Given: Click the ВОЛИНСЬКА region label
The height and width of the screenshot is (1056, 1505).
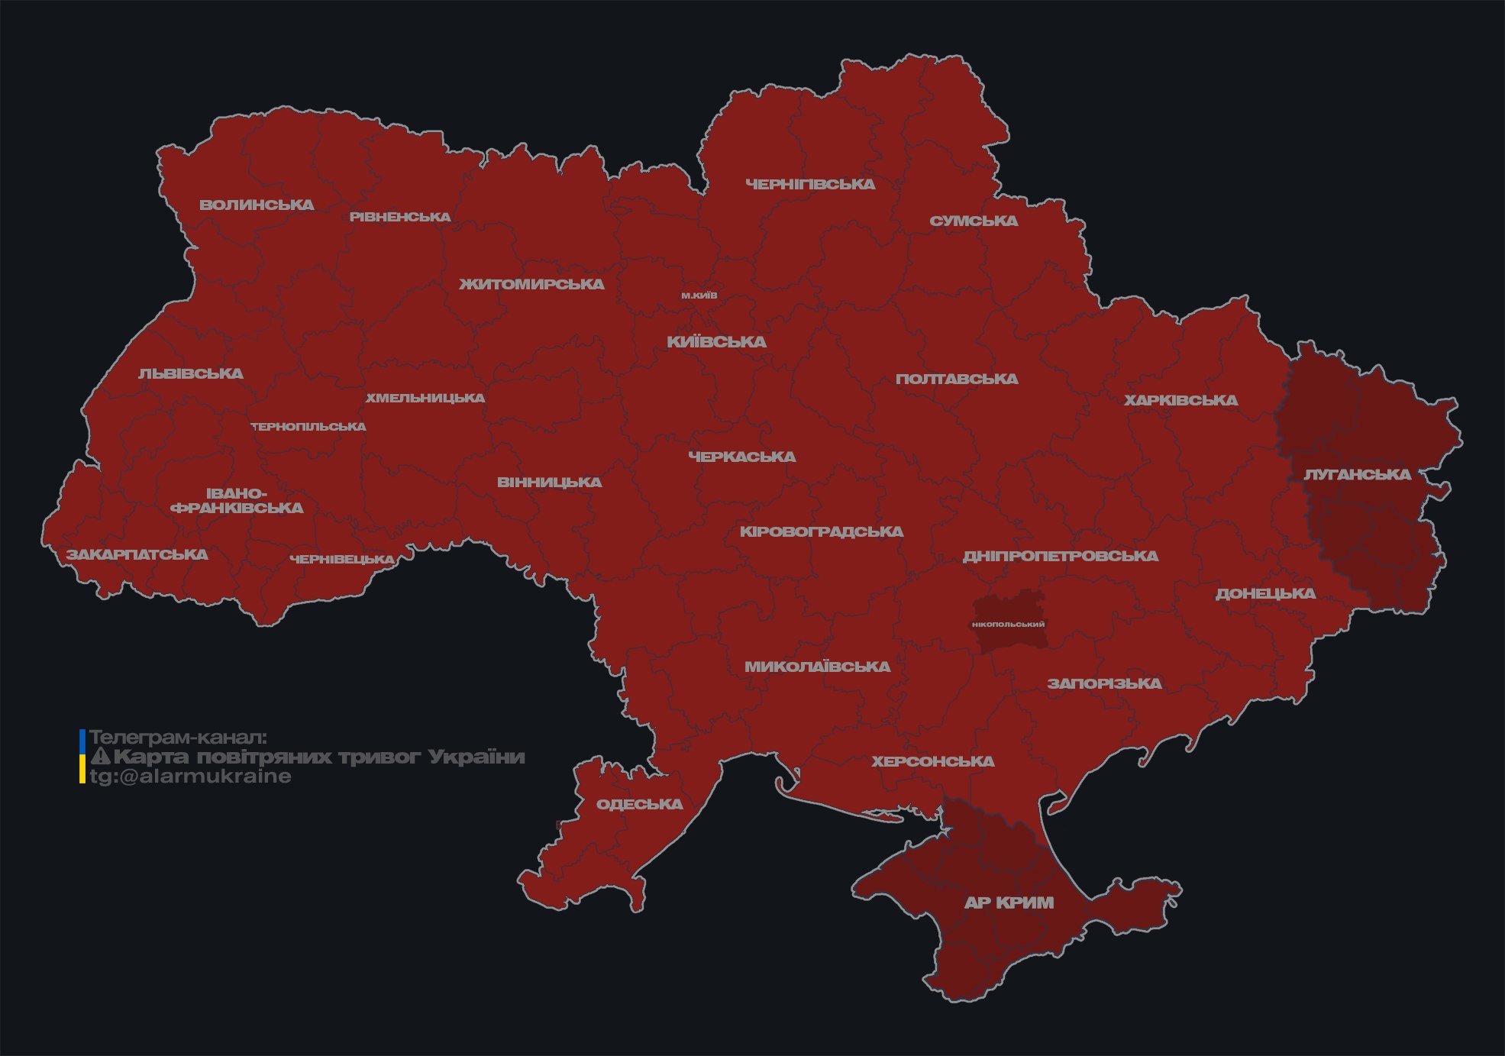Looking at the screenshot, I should point(257,205).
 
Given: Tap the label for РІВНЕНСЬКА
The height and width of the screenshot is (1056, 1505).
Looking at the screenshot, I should point(400,217).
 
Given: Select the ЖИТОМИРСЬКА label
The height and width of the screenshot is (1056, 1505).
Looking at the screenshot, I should point(531,284).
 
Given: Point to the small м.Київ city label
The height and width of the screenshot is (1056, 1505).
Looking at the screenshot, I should point(699,295).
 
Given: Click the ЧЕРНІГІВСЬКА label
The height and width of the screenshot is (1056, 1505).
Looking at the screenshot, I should point(810,184).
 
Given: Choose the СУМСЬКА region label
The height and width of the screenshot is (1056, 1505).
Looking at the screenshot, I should point(974,221).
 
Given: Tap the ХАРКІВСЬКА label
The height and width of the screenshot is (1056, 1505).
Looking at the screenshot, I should point(1180,400).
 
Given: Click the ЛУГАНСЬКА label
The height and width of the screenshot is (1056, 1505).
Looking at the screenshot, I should point(1357,474).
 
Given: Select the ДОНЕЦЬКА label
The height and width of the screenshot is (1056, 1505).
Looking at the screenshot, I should point(1265,593).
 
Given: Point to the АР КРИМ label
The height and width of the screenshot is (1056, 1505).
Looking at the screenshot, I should point(1009,903).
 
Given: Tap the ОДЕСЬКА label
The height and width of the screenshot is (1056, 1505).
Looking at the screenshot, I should point(639,804).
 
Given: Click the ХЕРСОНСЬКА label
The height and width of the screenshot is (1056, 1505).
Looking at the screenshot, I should point(933,761).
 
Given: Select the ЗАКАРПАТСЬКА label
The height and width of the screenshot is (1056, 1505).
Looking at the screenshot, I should point(137,554).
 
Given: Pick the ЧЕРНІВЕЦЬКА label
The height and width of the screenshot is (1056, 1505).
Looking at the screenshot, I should point(342,560).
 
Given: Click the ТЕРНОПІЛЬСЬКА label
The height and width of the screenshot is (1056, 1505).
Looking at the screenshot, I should point(308,427).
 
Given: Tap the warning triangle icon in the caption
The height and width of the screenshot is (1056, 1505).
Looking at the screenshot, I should point(100,757).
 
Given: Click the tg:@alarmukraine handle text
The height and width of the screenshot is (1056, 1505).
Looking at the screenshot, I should point(190,777).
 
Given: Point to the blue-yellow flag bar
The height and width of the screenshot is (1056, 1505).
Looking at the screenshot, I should point(82,757).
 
